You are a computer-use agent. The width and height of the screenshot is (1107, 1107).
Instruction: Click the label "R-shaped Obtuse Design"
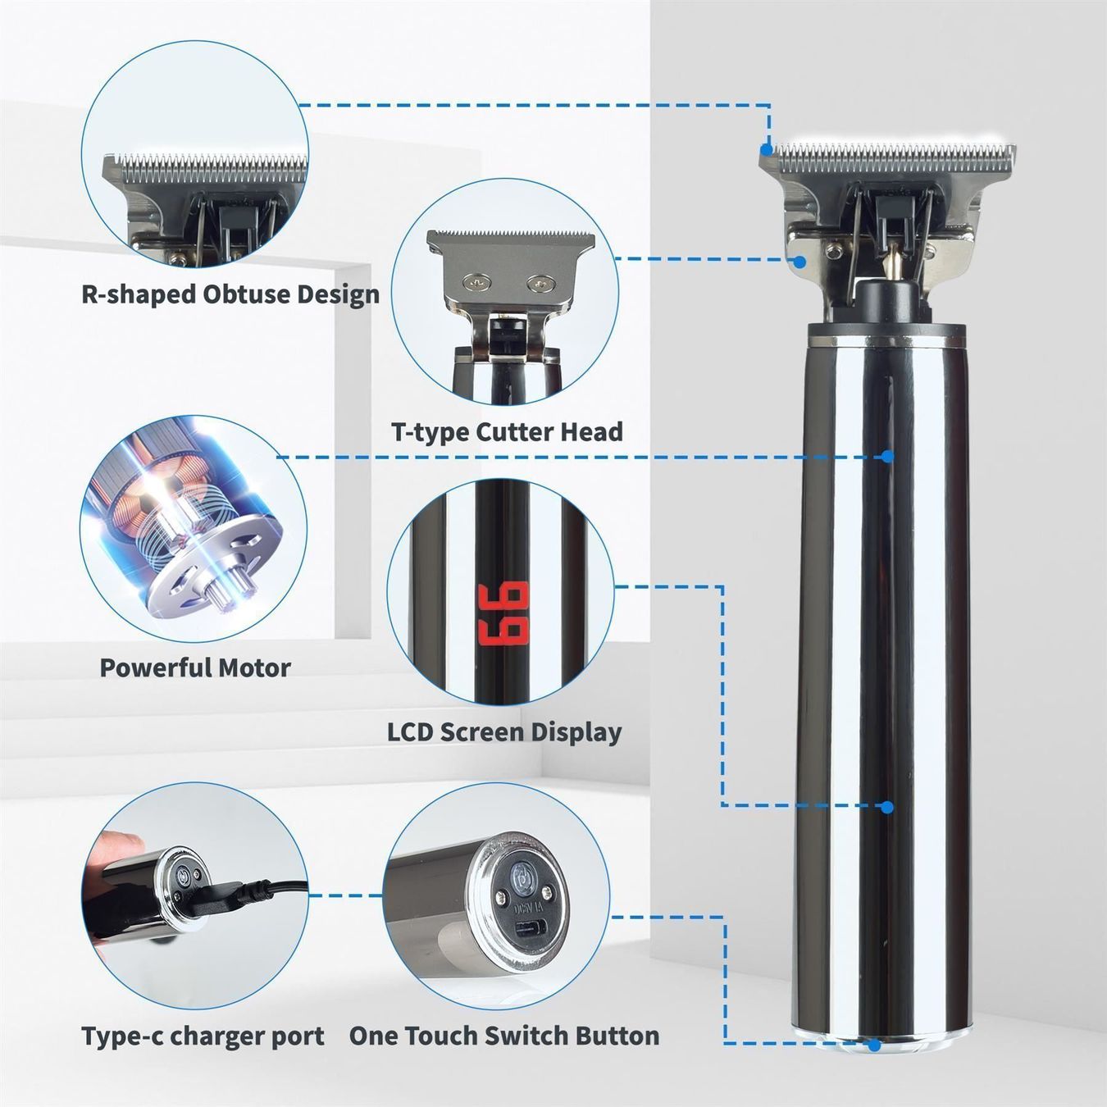point(230,294)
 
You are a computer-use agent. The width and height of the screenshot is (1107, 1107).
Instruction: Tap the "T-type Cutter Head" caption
point(508,431)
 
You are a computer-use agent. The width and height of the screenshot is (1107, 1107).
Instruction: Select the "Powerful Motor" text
point(195,667)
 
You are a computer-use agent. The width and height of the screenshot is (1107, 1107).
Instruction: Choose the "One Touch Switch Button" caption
point(503,1036)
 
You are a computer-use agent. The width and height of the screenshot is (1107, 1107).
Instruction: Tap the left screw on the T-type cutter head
point(476,281)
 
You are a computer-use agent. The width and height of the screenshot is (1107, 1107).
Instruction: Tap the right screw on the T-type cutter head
point(540,281)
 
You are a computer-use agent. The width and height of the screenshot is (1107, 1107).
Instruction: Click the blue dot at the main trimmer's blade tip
point(767,149)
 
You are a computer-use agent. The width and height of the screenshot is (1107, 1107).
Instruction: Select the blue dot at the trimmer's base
point(874,1044)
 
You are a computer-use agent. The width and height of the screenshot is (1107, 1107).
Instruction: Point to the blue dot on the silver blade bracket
point(799,262)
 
